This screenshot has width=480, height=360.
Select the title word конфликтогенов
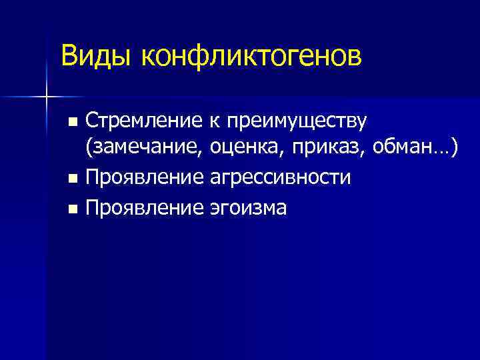[251, 57]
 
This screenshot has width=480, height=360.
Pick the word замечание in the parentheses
[145, 150]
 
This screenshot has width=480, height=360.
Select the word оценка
[243, 150]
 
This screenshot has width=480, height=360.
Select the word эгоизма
[248, 208]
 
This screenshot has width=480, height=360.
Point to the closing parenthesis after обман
[455, 149]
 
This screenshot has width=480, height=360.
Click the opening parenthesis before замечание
[88, 150]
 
